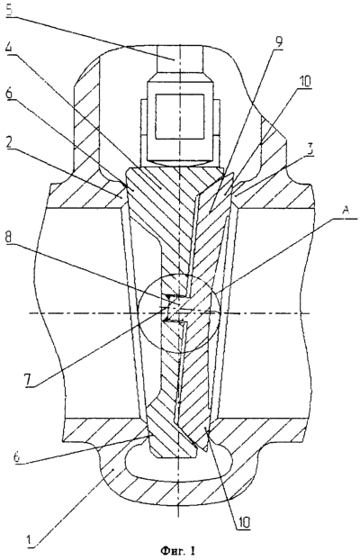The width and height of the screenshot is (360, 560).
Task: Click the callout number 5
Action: click(x=10, y=8)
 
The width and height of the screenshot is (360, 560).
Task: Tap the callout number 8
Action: click(x=10, y=248)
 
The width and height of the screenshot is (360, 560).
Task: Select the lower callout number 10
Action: click(x=242, y=522)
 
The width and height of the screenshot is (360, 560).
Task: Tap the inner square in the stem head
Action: click(x=180, y=116)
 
